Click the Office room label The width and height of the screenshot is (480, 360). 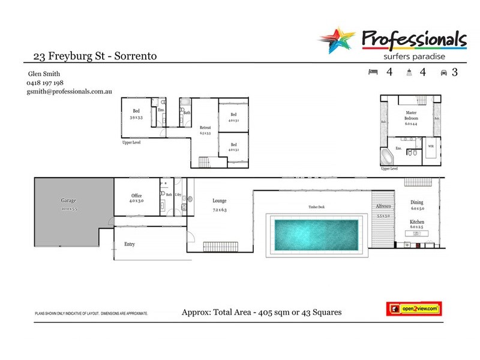[136, 196]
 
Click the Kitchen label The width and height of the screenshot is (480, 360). [416, 221]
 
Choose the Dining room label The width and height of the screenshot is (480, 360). [416, 203]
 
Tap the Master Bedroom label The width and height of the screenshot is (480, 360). [410, 116]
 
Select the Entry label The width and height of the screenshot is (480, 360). [130, 244]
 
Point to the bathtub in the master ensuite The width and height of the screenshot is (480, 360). [388, 158]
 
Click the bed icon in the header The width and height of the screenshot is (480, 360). [373, 73]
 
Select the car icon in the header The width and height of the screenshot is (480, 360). [444, 73]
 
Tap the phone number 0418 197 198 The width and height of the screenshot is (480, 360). [45, 83]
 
